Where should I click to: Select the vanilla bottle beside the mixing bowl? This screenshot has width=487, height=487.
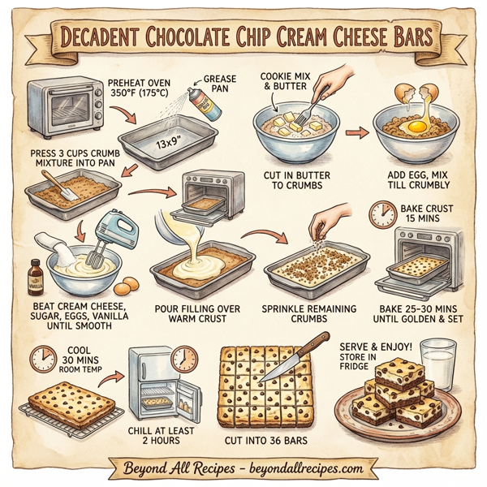tap(35, 277)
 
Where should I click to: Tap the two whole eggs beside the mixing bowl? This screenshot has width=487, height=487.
tap(127, 286)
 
